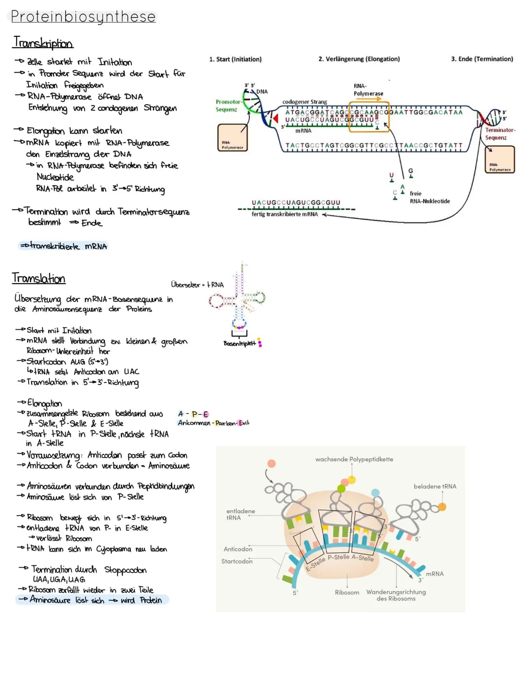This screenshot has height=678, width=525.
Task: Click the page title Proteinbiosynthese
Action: pyautogui.click(x=83, y=17)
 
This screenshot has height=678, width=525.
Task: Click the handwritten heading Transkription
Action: pyautogui.click(x=43, y=43)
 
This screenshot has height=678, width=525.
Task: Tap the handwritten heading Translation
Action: pyautogui.click(x=39, y=279)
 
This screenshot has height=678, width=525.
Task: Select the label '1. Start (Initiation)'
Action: pyautogui.click(x=235, y=59)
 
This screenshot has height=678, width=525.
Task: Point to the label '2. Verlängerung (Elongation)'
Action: pyautogui.click(x=359, y=59)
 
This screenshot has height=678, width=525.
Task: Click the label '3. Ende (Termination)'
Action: pyautogui.click(x=482, y=59)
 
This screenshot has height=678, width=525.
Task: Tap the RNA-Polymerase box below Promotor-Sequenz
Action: pyautogui.click(x=232, y=138)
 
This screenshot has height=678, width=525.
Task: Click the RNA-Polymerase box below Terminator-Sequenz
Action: pyautogui.click(x=500, y=160)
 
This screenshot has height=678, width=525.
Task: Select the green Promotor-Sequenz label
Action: pyautogui.click(x=227, y=106)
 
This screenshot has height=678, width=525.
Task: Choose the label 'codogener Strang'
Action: pyautogui.click(x=305, y=102)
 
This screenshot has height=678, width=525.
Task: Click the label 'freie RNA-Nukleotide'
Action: pyautogui.click(x=429, y=197)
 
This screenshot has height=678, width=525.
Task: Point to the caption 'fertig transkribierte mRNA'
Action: pyautogui.click(x=284, y=214)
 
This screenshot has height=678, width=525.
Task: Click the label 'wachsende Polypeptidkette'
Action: pyautogui.click(x=354, y=459)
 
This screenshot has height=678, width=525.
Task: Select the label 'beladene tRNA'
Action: pyautogui.click(x=435, y=486)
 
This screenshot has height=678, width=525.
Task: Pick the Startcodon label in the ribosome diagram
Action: pyautogui.click(x=237, y=561)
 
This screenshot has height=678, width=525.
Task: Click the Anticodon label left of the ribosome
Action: pyautogui.click(x=238, y=549)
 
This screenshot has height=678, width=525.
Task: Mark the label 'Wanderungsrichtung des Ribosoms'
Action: pyautogui.click(x=396, y=595)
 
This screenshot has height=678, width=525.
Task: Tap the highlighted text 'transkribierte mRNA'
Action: pyautogui.click(x=63, y=247)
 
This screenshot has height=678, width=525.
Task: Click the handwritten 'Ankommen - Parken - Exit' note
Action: pyautogui.click(x=213, y=423)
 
